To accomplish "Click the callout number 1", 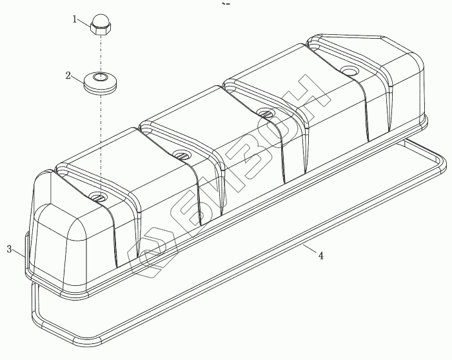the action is tap(74, 19).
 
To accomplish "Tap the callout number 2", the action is tap(68, 76).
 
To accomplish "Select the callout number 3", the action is tap(10, 249).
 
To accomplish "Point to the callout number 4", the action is tap(320, 255).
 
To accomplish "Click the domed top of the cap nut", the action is tap(101, 19).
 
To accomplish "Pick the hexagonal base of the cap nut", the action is tap(100, 29).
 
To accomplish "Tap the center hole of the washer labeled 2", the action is tap(101, 77).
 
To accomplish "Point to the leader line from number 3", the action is tap(19, 254).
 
